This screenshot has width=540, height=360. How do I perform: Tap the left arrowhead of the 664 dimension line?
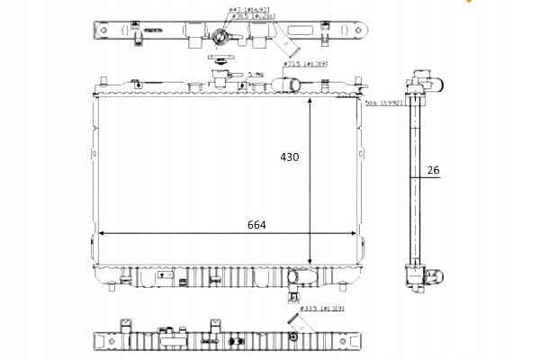102,233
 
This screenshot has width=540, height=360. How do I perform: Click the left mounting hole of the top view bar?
103,29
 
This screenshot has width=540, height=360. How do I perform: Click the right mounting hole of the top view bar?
361,29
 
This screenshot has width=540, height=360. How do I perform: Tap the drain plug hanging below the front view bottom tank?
294,298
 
